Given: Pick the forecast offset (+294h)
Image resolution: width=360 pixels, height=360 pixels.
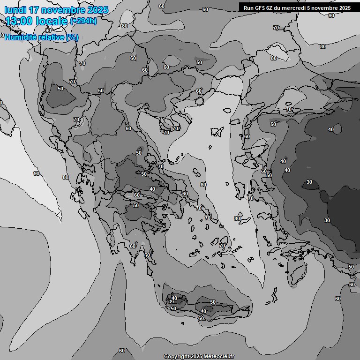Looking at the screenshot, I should click(x=83, y=21).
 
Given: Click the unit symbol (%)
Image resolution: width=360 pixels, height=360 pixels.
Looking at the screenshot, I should click(x=72, y=37).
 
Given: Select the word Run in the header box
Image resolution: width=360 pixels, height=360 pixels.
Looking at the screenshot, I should click(x=249, y=8).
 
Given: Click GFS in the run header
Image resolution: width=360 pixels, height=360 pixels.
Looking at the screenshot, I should click(x=262, y=8).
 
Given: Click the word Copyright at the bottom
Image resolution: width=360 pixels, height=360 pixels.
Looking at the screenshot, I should click(x=177, y=357).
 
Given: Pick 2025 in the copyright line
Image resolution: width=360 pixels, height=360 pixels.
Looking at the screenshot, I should click(x=198, y=357).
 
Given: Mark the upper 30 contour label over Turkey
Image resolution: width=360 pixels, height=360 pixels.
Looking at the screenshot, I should click(x=309, y=182).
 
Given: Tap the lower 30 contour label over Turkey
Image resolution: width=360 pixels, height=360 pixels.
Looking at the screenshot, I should click(x=327, y=220).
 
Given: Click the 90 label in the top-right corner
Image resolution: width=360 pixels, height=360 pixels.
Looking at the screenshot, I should click(x=331, y=15).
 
